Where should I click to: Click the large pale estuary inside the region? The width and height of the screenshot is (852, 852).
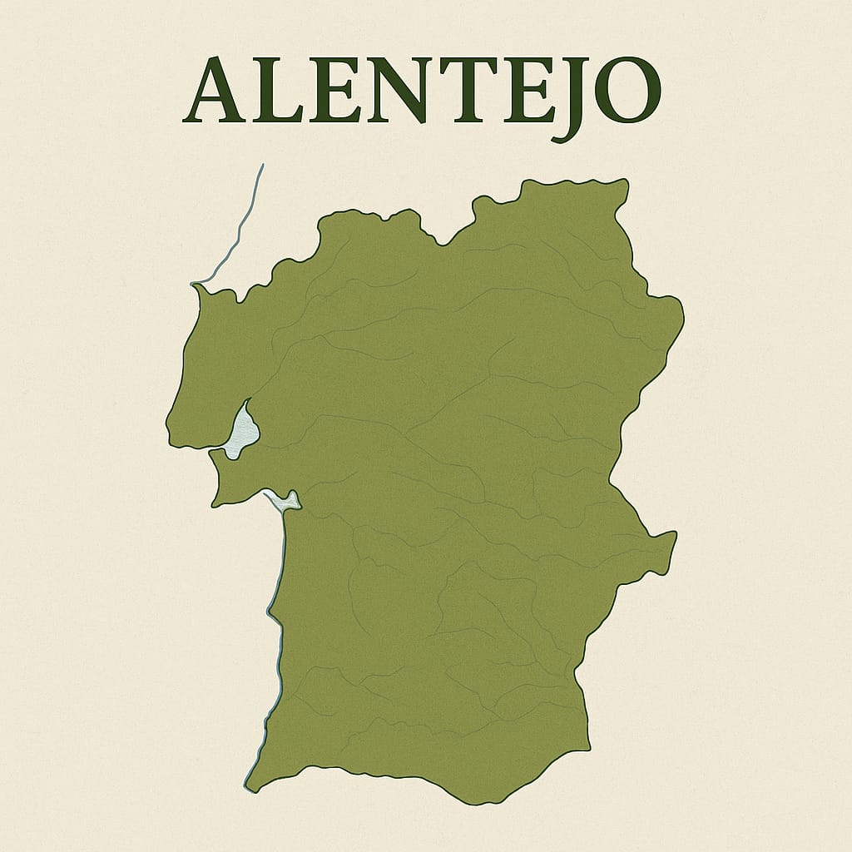tap(244, 429)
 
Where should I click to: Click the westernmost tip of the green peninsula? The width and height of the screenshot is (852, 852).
tap(170, 436)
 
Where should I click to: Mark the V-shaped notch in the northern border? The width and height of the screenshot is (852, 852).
tap(445, 244)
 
